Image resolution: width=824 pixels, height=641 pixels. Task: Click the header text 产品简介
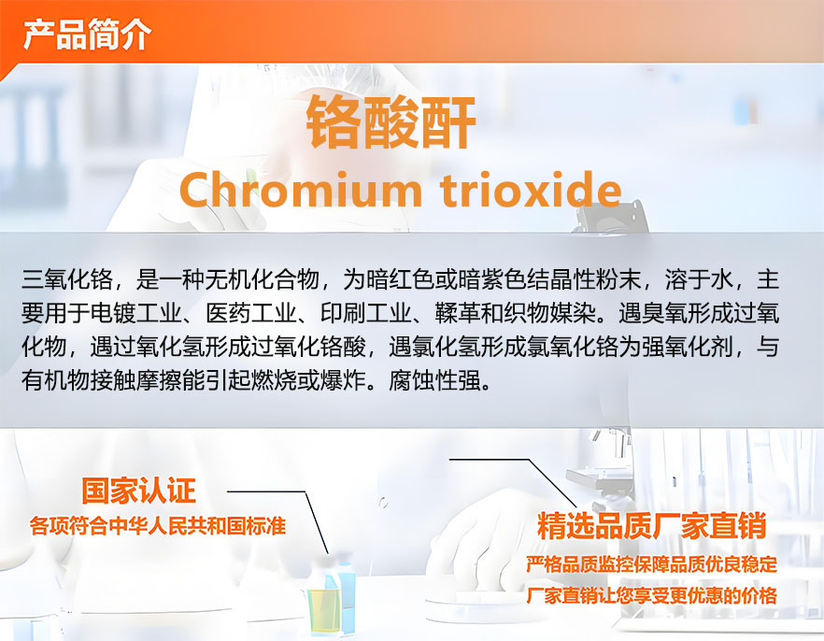click(87, 35)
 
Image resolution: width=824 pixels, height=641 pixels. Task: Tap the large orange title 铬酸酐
click(391, 122)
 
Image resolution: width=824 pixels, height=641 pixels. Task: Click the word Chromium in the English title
click(301, 189)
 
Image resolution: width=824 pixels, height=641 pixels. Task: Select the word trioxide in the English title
click(532, 189)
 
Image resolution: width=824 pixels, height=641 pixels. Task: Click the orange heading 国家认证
click(138, 491)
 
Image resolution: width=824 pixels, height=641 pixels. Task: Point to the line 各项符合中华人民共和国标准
click(158, 525)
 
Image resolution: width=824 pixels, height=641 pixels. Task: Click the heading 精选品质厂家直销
click(652, 525)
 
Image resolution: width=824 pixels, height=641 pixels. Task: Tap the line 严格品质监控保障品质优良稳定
click(652, 564)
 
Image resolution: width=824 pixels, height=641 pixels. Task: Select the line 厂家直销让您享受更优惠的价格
click(652, 596)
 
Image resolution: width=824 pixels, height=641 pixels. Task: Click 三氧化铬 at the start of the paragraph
click(66, 279)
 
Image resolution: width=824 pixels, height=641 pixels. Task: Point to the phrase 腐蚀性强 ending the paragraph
click(435, 380)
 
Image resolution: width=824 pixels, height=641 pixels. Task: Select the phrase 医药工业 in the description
click(250, 313)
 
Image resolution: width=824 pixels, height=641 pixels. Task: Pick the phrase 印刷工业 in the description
click(366, 313)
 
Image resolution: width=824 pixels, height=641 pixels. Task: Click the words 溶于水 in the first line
click(699, 279)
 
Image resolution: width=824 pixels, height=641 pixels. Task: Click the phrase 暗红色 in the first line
click(400, 279)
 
